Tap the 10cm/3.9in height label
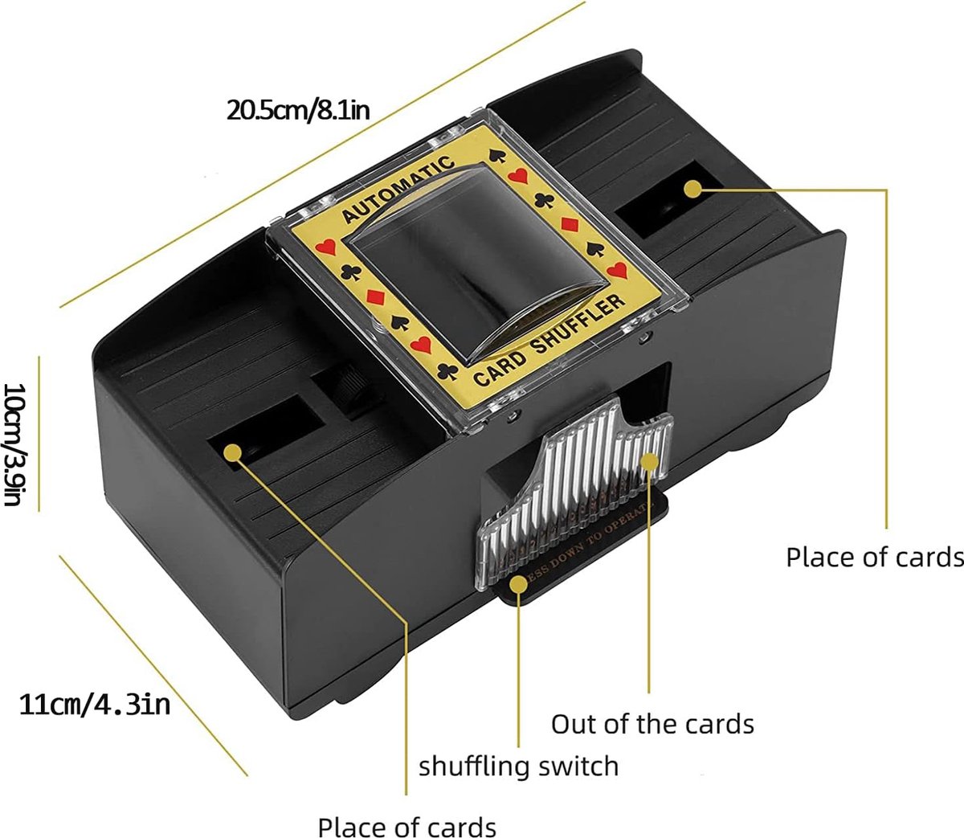click(x=14, y=444)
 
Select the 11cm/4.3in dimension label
click(x=95, y=705)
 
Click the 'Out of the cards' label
click(x=652, y=724)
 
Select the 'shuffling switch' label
click(x=518, y=766)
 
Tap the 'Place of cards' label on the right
click(x=874, y=557)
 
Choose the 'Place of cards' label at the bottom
click(x=406, y=827)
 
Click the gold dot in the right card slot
click(x=692, y=188)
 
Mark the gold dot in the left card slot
click(x=233, y=452)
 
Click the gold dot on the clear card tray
click(x=649, y=462)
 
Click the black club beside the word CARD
click(x=448, y=371)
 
